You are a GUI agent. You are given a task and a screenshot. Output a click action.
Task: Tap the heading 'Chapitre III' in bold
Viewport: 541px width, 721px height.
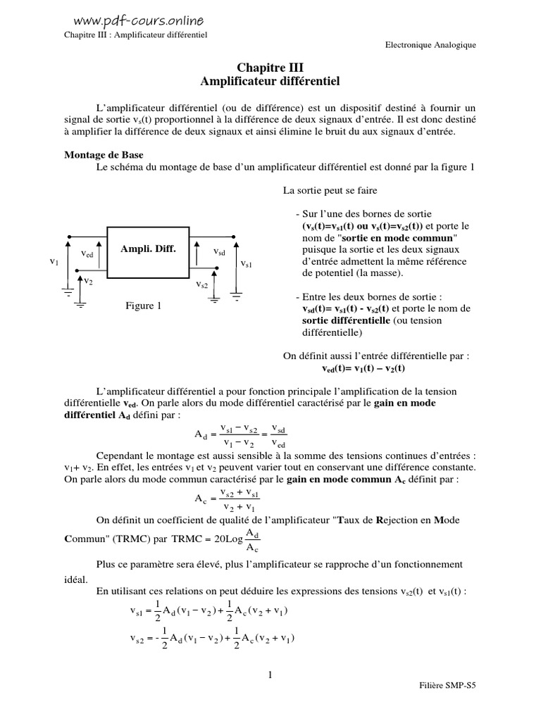pyautogui.click(x=270, y=68)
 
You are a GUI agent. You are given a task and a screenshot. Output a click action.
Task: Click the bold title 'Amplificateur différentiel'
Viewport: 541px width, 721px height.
pyautogui.click(x=270, y=82)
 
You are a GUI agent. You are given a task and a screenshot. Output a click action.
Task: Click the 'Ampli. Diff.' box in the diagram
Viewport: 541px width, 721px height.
pyautogui.click(x=148, y=249)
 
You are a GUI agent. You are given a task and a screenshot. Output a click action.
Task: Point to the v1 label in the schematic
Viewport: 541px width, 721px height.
pyautogui.click(x=54, y=261)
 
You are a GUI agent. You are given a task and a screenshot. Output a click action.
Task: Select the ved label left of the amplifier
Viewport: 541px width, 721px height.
pyautogui.click(x=87, y=253)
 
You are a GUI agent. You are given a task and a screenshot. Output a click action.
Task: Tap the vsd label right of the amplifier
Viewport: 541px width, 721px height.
pyautogui.click(x=219, y=251)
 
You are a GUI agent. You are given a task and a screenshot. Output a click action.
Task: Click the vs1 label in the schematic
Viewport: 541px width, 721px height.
pyautogui.click(x=247, y=264)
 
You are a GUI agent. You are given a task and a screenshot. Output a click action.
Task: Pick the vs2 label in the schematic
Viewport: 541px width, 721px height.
pyautogui.click(x=202, y=285)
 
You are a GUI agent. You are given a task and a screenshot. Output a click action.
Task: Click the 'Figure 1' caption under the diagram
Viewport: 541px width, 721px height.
pyautogui.click(x=144, y=306)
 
